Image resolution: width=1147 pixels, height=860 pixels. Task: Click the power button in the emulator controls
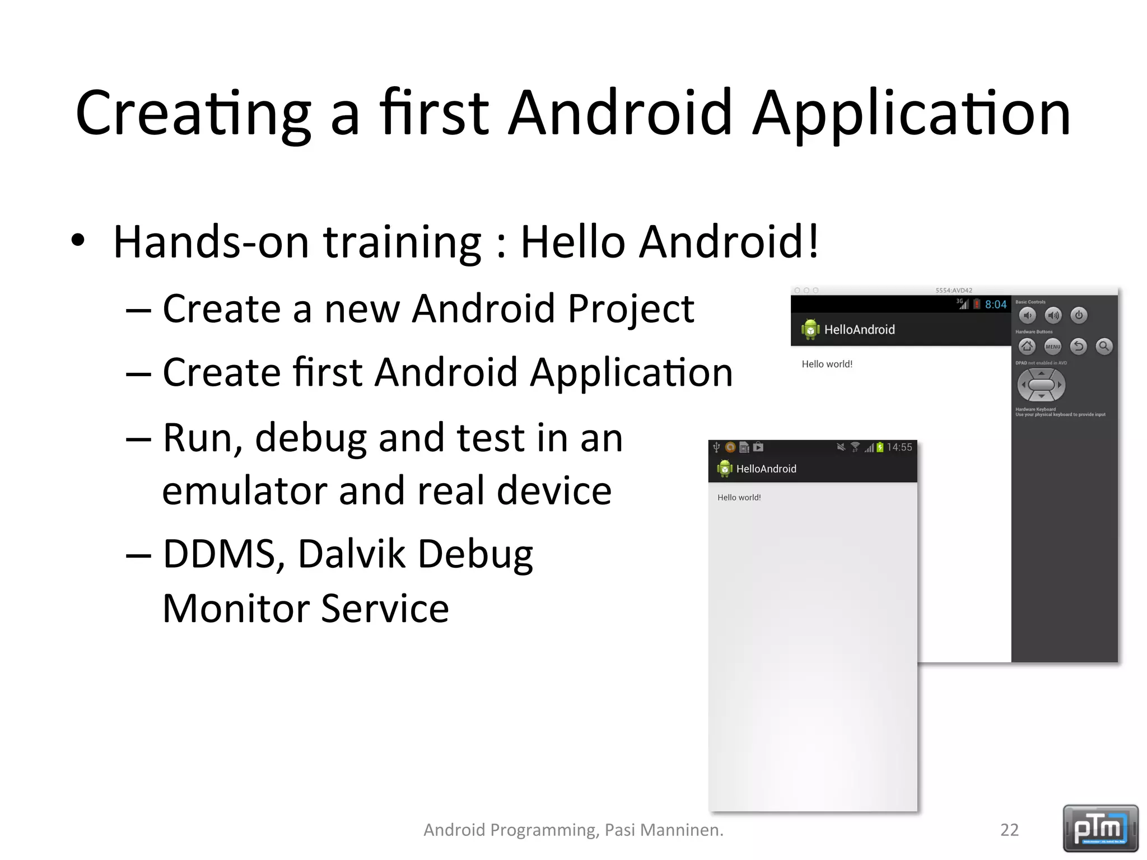coord(1079,315)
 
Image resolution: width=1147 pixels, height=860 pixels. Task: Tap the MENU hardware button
coord(1053,347)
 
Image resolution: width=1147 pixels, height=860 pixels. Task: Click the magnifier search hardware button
coord(1104,347)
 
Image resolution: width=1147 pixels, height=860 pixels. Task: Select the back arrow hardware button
coord(1078,347)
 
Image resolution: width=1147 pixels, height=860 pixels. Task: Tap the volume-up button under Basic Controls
coord(1053,315)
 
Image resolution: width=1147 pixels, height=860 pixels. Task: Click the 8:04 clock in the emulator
coord(996,305)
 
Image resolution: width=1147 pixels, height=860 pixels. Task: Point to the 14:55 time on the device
coord(899,447)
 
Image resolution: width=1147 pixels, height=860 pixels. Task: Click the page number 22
coord(1009,830)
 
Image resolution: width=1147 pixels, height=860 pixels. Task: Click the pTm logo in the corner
coord(1101,828)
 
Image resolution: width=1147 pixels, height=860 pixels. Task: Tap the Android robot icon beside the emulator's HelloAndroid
coord(810,329)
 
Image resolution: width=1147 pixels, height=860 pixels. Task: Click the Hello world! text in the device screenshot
coord(739,497)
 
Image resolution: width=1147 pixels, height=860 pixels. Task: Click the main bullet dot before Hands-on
coord(78,241)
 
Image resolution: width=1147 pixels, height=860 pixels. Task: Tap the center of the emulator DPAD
coord(1041,385)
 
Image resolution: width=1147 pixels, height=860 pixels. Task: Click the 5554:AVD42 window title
coord(954,291)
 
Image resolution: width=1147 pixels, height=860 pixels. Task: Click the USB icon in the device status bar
coord(716,447)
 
